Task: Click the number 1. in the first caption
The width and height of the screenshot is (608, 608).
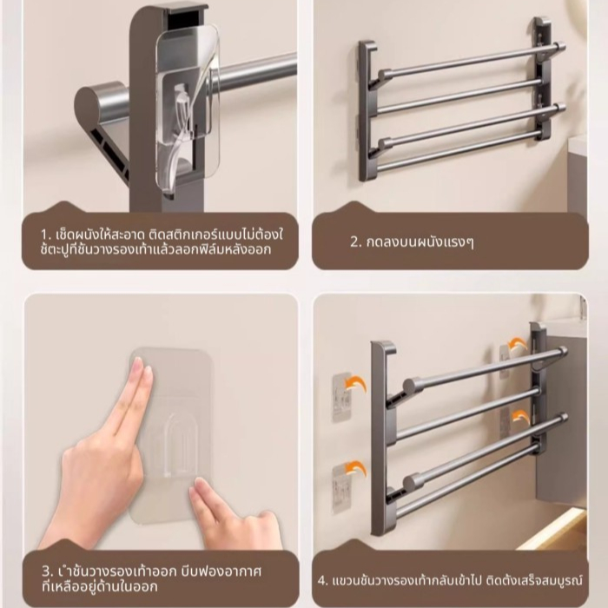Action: (x=46, y=235)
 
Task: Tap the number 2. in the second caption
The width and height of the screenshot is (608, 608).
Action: (x=355, y=242)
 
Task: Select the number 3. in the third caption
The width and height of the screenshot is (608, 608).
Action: (x=47, y=572)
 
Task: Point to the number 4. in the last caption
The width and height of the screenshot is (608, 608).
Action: (x=323, y=581)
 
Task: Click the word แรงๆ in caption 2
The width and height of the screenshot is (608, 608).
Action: (x=460, y=242)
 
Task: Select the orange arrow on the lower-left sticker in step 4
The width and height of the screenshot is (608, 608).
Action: (x=356, y=467)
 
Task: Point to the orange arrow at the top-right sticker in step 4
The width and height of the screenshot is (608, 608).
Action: (x=518, y=344)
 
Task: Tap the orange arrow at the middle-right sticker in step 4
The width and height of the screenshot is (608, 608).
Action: (x=521, y=416)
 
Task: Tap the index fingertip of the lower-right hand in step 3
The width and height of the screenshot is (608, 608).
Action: (x=198, y=486)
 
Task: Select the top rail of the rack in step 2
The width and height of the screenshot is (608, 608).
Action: (x=471, y=61)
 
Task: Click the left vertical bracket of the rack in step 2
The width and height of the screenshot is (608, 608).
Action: (x=367, y=111)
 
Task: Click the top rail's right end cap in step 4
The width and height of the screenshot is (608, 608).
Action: (x=561, y=352)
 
